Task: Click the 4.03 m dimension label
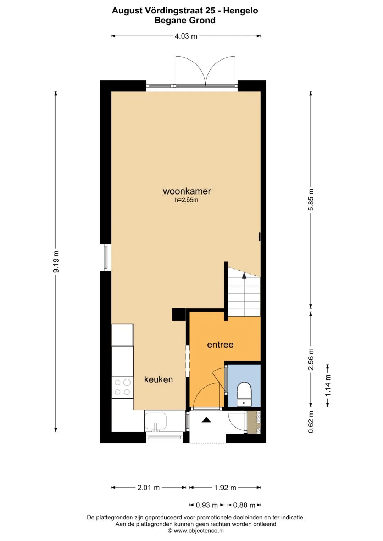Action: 186,36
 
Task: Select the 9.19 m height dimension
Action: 56,261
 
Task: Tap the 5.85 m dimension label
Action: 311,199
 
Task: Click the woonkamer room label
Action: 187,191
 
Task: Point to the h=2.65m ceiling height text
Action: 187,200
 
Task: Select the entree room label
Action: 220,345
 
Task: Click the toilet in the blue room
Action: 244,394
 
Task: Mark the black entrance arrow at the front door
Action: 206,420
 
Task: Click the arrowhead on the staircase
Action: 244,276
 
